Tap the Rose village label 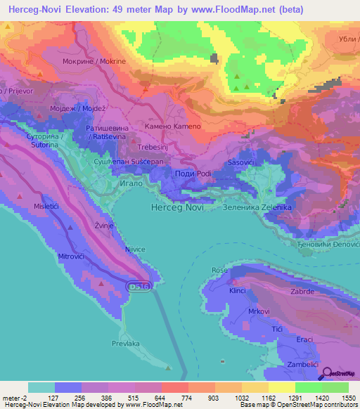coord(219,270)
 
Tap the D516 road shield coord(139,286)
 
